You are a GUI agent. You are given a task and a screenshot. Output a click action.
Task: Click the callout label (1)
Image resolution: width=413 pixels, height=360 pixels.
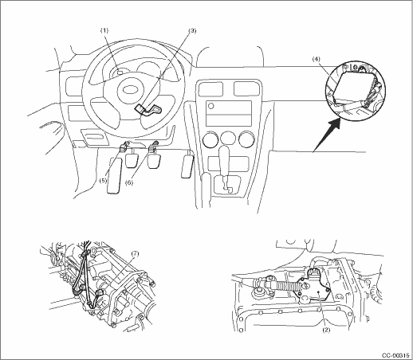(104, 30)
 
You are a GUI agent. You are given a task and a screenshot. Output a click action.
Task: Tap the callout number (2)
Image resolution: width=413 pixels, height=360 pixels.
(326, 331)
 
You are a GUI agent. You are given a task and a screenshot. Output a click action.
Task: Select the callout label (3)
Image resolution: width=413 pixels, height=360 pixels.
(192, 31)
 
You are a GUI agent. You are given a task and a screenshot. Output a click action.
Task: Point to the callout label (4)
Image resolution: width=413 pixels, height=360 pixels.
(317, 60)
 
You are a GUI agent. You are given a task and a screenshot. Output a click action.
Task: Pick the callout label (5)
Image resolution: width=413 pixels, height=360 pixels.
(104, 181)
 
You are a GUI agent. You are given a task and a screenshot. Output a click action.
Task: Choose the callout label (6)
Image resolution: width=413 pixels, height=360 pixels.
(129, 182)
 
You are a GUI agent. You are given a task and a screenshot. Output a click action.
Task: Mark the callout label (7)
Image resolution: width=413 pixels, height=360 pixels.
(135, 254)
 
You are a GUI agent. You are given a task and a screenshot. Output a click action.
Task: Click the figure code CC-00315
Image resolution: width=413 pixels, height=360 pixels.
(395, 355)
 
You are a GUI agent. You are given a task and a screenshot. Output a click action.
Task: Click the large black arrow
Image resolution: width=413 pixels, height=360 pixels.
(327, 135)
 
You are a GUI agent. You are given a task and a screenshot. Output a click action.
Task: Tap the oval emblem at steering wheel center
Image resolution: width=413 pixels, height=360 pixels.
(129, 90)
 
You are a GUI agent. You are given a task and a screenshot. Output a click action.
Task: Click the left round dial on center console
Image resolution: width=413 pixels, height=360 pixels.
(210, 139)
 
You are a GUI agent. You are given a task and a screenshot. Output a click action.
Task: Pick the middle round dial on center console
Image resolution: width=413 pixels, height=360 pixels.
(228, 139)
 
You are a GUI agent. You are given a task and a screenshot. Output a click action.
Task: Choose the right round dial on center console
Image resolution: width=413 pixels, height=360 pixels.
(246, 139)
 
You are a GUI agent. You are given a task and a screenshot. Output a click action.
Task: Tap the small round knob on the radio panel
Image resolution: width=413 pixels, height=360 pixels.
(211, 106)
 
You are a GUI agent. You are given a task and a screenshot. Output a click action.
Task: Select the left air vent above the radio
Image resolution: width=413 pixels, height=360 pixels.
(210, 88)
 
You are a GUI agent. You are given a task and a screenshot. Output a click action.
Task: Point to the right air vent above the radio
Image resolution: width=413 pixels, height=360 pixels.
(246, 88)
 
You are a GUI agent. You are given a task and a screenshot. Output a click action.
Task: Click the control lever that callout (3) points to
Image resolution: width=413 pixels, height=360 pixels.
(148, 110)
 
